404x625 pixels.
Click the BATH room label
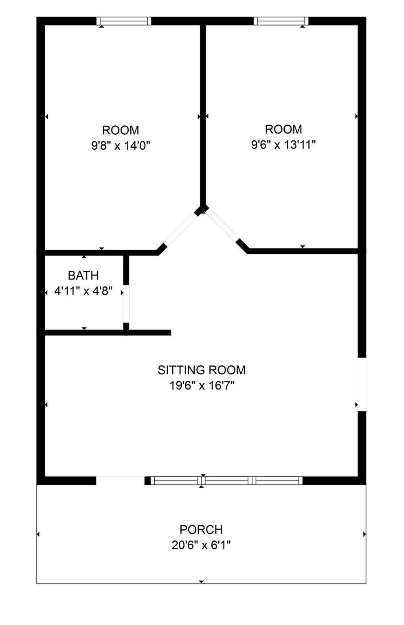(x=83, y=275)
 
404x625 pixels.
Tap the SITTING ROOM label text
(x=202, y=370)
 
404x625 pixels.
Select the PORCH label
(x=201, y=529)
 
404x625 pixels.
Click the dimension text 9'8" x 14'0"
(x=121, y=145)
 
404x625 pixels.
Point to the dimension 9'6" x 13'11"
(x=283, y=144)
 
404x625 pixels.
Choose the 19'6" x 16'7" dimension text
(x=202, y=385)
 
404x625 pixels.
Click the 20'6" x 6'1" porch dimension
(x=201, y=545)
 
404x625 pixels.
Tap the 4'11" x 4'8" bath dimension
(x=83, y=291)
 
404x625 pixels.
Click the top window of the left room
(x=124, y=21)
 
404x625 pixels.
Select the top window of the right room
(x=281, y=21)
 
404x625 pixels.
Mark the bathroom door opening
(x=126, y=304)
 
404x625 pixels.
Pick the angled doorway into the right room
(x=222, y=226)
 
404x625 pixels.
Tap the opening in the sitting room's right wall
(x=362, y=384)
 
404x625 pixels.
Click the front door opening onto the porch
(x=120, y=481)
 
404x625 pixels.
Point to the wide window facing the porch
(x=226, y=481)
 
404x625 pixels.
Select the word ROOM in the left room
(x=121, y=130)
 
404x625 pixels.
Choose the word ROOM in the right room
(x=283, y=129)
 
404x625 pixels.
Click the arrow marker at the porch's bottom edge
(x=201, y=581)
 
